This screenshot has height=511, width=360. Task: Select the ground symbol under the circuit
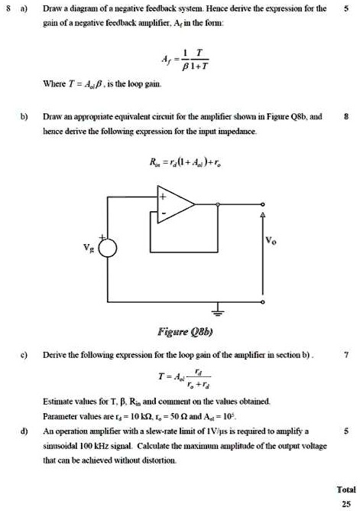tap(218, 314)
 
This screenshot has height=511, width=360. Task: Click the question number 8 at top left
tap(9, 10)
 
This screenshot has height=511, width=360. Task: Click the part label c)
tap(24, 354)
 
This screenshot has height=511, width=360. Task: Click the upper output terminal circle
tap(264, 204)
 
